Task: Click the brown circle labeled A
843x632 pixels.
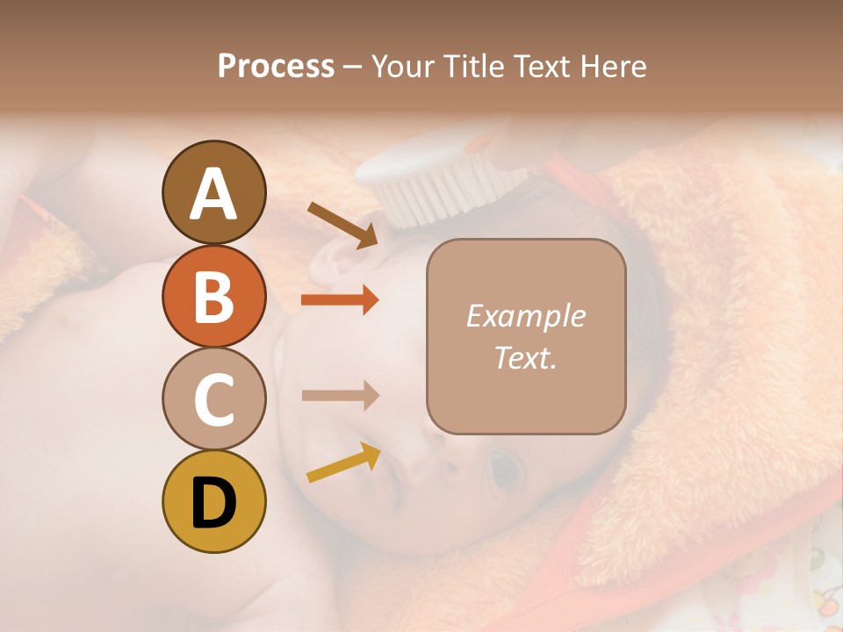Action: pyautogui.click(x=213, y=192)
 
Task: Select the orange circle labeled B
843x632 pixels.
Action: pyautogui.click(x=213, y=296)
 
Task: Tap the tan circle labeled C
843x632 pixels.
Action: pyautogui.click(x=213, y=399)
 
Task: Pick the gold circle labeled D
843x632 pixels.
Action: pyautogui.click(x=213, y=502)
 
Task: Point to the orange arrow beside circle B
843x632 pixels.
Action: pyautogui.click(x=340, y=300)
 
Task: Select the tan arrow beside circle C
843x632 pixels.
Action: pyautogui.click(x=340, y=396)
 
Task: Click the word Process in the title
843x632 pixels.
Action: pyautogui.click(x=276, y=66)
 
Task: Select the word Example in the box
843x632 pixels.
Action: pyautogui.click(x=525, y=316)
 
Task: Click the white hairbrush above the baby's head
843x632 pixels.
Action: pyautogui.click(x=439, y=180)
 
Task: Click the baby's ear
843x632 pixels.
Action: pyautogui.click(x=338, y=263)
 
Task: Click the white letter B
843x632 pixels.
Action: pyautogui.click(x=213, y=297)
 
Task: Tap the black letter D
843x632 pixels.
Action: pyautogui.click(x=213, y=503)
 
